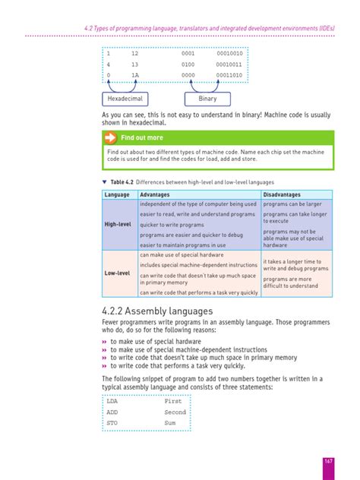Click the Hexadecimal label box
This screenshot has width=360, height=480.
click(x=125, y=99)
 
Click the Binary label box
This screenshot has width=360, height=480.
click(x=207, y=99)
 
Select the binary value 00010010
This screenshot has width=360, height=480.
click(x=229, y=54)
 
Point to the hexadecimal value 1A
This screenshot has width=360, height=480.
click(x=134, y=76)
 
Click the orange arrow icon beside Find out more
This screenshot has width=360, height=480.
click(x=110, y=137)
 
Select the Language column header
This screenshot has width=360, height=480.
click(x=117, y=195)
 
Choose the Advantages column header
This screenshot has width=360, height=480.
click(x=155, y=195)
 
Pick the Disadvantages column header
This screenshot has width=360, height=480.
click(x=282, y=195)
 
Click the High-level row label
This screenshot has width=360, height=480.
click(x=118, y=225)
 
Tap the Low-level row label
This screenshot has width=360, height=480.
click(x=118, y=273)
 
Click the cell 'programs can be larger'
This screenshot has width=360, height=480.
click(x=292, y=204)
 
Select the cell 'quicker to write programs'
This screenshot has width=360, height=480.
click(x=172, y=225)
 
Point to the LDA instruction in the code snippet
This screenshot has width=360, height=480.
click(x=112, y=400)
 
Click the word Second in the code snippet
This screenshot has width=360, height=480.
click(x=175, y=412)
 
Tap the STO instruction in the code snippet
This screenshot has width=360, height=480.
click(x=112, y=422)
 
